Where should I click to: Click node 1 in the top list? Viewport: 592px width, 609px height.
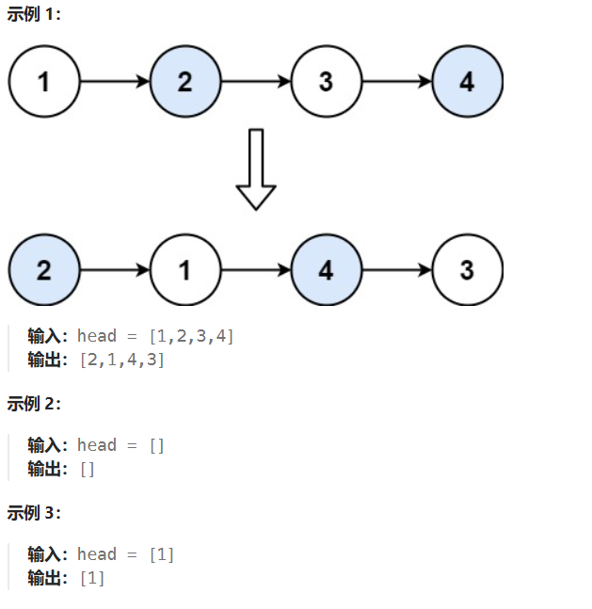44,82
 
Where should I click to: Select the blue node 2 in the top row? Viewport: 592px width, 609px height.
185,82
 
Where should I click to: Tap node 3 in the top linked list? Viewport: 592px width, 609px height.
326,82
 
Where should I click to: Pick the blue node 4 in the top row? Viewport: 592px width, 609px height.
468,82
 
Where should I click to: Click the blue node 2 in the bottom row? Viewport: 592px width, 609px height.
44,271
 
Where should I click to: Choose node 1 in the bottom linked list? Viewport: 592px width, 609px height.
185,271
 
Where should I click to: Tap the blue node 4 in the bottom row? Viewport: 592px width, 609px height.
326,271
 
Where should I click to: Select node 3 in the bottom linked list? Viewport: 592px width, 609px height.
468,271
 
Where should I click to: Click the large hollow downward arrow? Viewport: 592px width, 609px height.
255,169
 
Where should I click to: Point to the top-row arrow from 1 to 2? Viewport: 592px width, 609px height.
115,82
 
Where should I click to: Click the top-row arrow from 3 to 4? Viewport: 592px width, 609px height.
397,82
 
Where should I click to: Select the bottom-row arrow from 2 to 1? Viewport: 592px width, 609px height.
115,271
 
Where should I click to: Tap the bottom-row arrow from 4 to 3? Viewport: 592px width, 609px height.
397,271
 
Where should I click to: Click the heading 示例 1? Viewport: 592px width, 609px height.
34,16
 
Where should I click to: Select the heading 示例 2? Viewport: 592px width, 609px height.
34,404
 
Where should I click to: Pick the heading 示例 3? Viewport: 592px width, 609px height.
34,513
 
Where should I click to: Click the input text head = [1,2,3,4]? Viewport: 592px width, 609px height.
155,336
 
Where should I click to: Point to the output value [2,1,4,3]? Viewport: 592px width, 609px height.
122,360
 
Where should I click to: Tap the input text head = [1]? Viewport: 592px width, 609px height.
125,554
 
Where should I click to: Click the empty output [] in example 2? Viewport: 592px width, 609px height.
87,469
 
